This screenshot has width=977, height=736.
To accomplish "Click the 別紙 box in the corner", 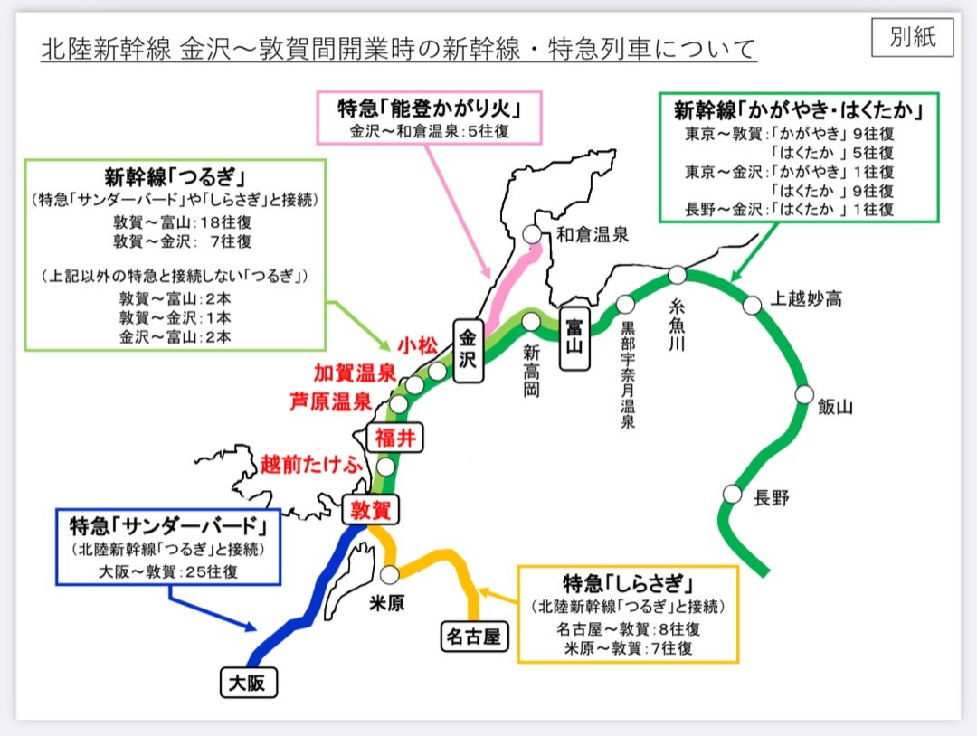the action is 912,37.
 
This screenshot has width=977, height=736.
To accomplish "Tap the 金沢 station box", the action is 468,351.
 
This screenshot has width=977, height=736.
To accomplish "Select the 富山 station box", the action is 574,339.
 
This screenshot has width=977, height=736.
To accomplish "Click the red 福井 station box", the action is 395,438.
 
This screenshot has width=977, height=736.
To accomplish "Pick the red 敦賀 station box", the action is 370,510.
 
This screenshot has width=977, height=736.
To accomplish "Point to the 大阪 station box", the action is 249,683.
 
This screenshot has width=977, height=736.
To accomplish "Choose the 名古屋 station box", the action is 473,637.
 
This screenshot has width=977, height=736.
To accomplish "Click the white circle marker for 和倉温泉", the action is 532,234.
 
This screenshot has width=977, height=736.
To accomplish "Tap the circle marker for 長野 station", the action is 732,495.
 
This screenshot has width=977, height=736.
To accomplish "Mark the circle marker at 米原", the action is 389,575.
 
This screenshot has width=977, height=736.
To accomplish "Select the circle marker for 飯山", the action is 804,395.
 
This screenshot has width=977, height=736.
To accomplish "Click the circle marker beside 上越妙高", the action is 752,305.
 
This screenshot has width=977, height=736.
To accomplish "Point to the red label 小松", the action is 418,345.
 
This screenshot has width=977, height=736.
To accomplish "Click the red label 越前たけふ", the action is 311,465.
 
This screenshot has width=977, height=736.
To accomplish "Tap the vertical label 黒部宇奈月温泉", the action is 628,375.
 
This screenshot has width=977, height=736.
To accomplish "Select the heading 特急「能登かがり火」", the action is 430,109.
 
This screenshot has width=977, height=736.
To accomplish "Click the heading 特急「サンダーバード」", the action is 168,526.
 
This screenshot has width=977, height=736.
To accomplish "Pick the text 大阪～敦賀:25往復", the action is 168,571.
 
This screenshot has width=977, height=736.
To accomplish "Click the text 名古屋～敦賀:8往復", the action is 628,629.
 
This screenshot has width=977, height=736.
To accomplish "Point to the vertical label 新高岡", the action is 532,371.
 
